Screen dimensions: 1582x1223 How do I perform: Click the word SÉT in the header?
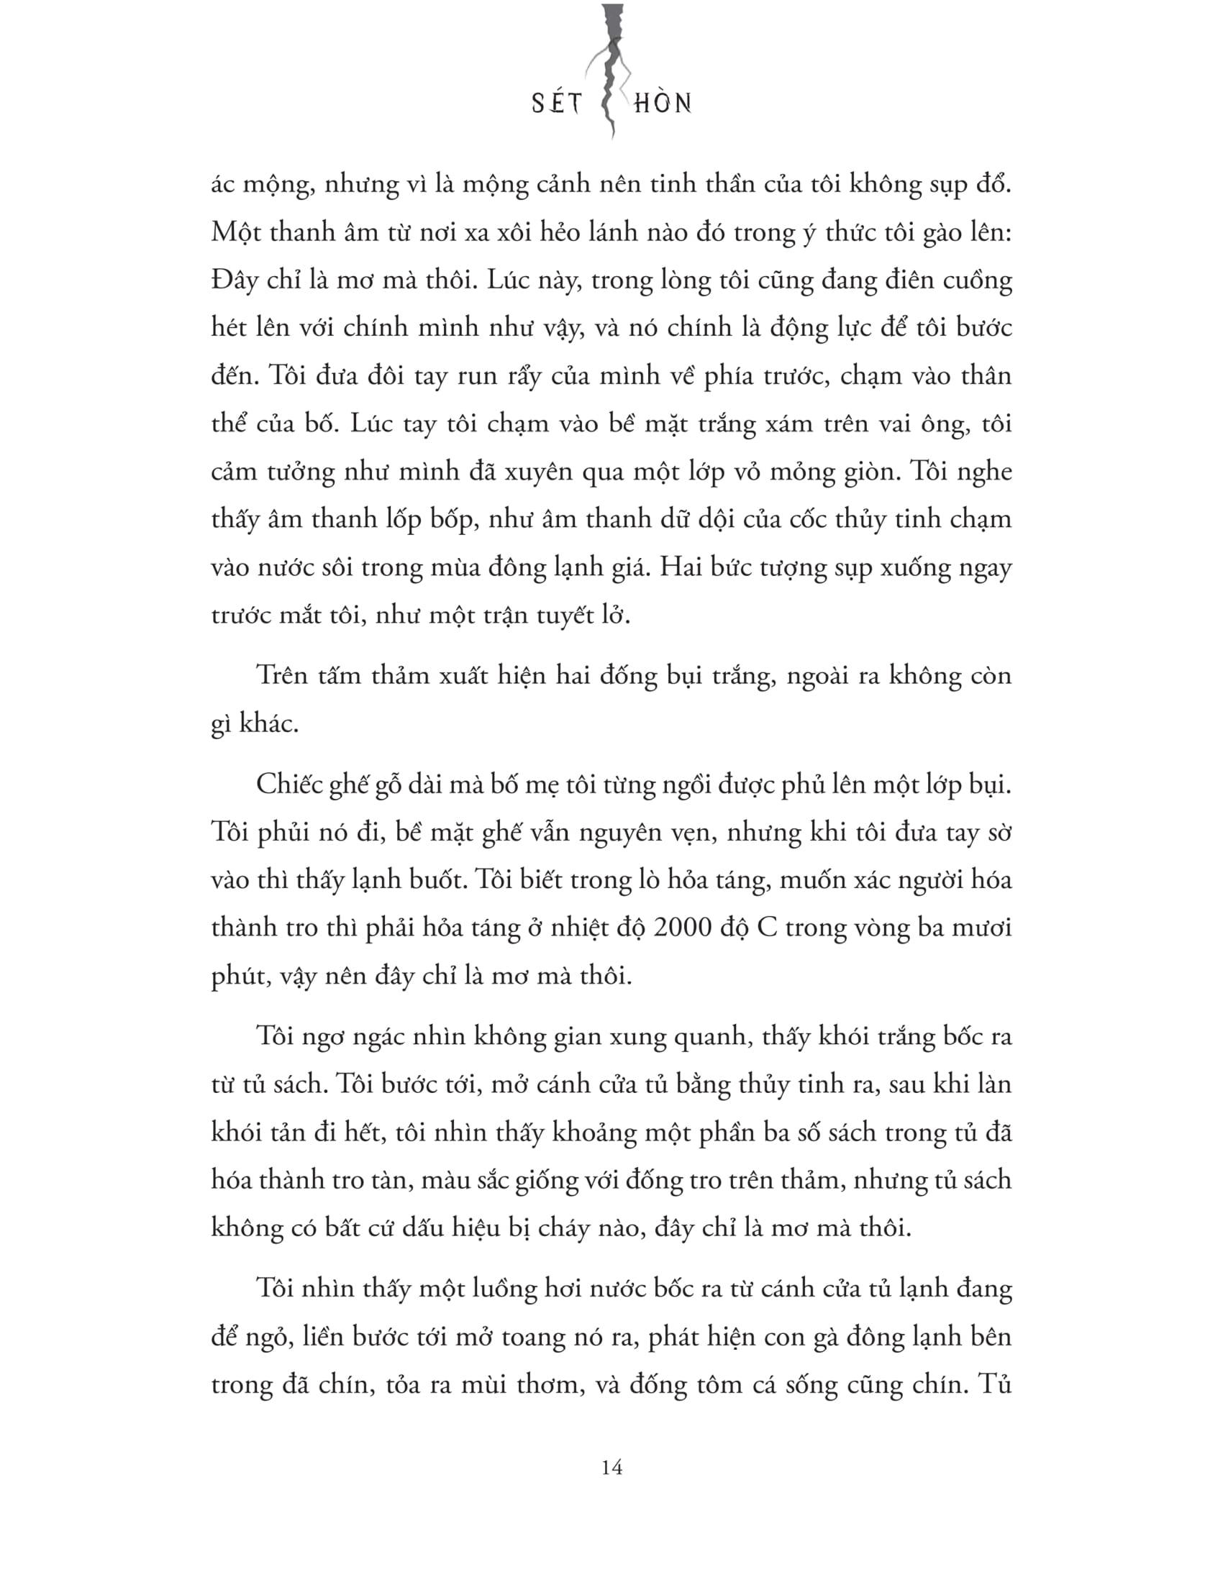(557, 104)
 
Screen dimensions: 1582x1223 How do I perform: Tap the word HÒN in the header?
(662, 104)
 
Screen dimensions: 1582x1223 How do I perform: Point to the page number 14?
(611, 1467)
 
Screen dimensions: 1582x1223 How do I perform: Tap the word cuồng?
(977, 281)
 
